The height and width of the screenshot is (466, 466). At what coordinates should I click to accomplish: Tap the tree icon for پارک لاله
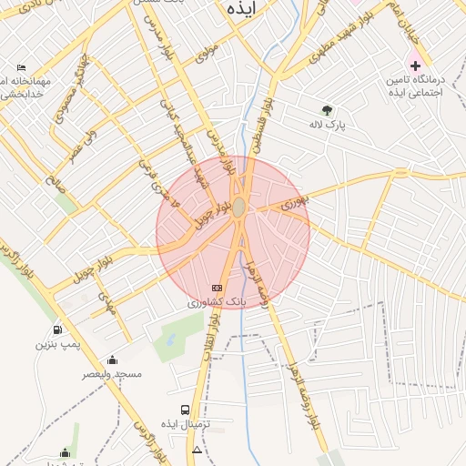click(326, 110)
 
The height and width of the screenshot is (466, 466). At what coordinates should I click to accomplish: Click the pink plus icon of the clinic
click(415, 66)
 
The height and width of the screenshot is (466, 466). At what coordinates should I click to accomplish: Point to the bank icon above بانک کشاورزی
click(217, 288)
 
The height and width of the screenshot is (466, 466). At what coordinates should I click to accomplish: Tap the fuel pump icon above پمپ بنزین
click(58, 329)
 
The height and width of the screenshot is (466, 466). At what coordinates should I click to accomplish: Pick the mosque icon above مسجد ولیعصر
click(112, 360)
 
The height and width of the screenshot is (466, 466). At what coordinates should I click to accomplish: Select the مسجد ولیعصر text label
click(113, 375)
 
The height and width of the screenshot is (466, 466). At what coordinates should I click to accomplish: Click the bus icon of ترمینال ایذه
click(186, 410)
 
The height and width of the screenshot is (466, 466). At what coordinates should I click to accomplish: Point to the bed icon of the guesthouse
click(22, 68)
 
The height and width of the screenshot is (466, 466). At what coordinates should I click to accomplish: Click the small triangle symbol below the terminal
click(198, 451)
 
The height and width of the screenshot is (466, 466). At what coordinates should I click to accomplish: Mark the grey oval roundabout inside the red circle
click(238, 208)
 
